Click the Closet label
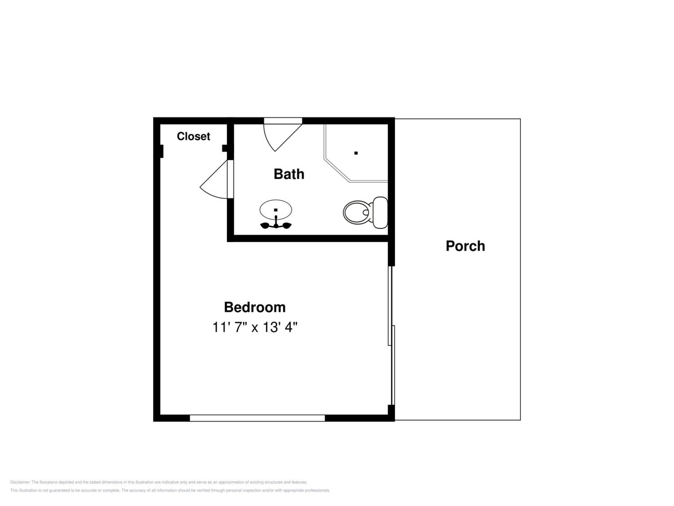point(193,136)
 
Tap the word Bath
point(289,174)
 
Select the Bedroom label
point(255,307)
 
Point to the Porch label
point(465,246)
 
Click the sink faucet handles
point(276,225)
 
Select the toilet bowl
point(357,212)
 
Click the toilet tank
point(380,212)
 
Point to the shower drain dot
point(356,153)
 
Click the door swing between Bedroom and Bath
point(214,179)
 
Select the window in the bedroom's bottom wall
point(257,418)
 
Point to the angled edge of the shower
point(337,170)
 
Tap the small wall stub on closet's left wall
point(162,151)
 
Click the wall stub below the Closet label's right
point(225,148)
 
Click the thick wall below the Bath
point(308,238)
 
